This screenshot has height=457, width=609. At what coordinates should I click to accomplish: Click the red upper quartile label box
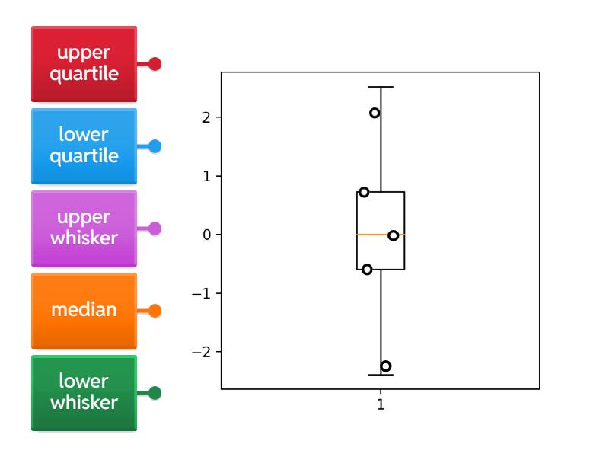point(84,64)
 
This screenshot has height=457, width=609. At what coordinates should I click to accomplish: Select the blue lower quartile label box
point(84,146)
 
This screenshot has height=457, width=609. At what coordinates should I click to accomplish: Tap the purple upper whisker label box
point(84,228)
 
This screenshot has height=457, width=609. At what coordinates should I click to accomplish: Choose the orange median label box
point(84,311)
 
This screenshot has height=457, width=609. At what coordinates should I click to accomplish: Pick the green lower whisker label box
point(84,393)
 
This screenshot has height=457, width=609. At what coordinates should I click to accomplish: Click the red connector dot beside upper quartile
point(155,64)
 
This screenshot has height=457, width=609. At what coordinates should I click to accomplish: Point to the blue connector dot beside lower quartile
point(155,146)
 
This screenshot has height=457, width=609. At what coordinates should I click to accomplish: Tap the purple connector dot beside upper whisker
point(155,228)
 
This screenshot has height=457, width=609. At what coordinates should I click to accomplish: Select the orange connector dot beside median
point(155,311)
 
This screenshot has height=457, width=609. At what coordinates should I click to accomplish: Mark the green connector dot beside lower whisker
point(155,393)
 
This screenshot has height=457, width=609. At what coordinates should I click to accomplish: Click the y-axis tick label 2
point(206,117)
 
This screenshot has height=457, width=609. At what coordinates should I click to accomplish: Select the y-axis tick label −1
point(201,293)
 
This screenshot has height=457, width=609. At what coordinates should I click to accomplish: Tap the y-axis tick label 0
point(206,235)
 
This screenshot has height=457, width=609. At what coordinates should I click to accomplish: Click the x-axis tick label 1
point(381,404)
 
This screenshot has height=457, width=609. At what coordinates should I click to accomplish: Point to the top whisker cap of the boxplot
point(381,87)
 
